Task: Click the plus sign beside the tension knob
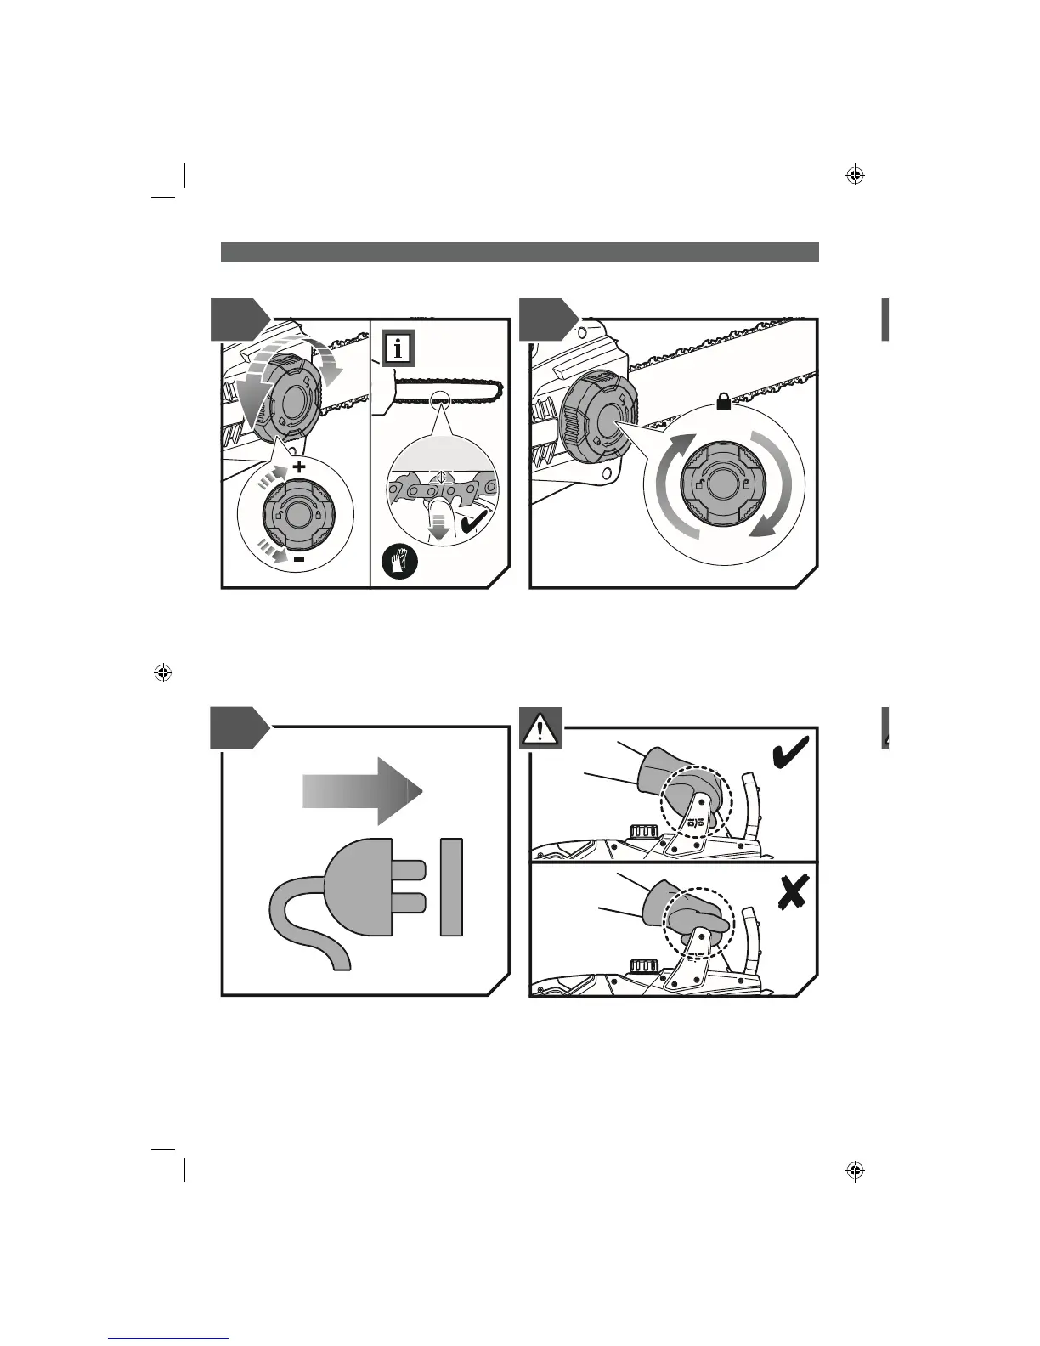point(299,467)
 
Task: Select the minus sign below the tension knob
point(299,561)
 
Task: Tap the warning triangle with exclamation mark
point(540,729)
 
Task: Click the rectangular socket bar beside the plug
point(452,887)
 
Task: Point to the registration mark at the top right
point(856,176)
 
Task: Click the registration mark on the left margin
point(163,673)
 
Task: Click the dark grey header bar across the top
point(519,252)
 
